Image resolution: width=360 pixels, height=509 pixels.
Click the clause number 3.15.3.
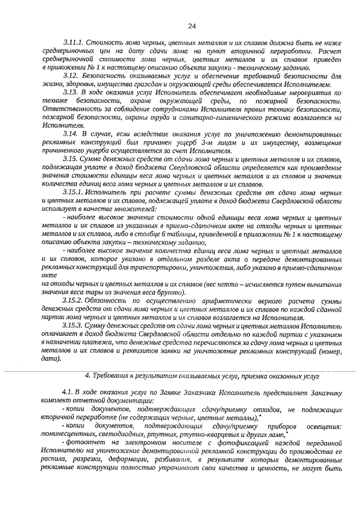tap(73, 326)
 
